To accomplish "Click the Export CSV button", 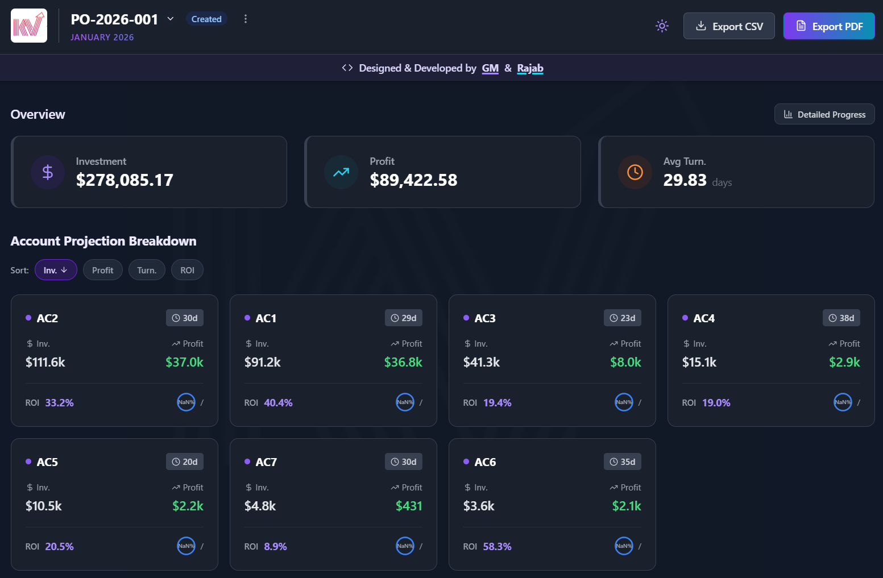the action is tap(729, 26).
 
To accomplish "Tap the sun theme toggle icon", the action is tap(662, 26).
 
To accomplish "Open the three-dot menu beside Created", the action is tap(246, 19).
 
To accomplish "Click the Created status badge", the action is tap(206, 19).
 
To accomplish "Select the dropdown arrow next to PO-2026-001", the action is tap(171, 19).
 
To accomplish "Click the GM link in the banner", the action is tap(490, 68).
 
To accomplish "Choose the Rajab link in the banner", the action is tap(530, 68).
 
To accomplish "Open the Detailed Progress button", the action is tap(824, 114).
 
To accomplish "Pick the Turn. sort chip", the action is tap(147, 270).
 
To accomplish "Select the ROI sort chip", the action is tap(187, 270).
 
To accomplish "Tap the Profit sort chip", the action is tap(102, 270).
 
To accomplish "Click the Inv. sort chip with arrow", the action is tap(56, 270).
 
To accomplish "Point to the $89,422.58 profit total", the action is tap(413, 180).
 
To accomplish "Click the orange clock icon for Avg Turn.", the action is tap(635, 172).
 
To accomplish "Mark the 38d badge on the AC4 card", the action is tap(841, 318).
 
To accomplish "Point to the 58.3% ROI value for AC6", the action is tap(497, 547).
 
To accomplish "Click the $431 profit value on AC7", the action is tap(409, 506).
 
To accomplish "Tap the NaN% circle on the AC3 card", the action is tap(624, 402).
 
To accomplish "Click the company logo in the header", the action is tap(29, 26).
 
